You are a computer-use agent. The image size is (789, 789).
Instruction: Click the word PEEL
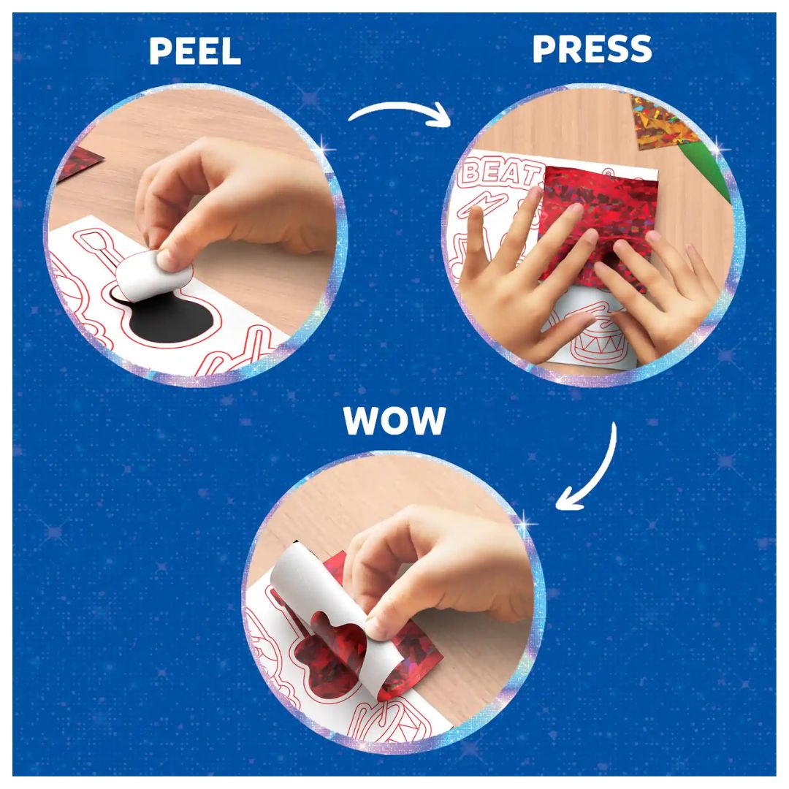point(195,51)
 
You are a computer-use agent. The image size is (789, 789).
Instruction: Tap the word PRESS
point(592,49)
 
